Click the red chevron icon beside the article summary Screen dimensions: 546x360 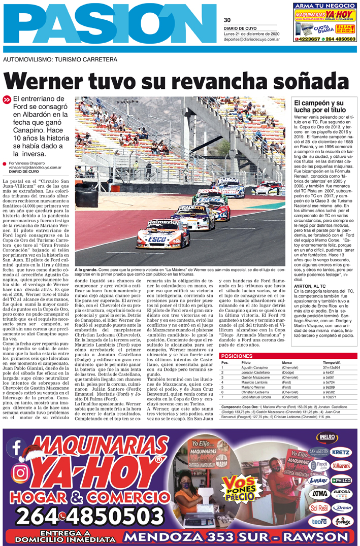7,100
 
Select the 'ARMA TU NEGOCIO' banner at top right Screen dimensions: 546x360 324,6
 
